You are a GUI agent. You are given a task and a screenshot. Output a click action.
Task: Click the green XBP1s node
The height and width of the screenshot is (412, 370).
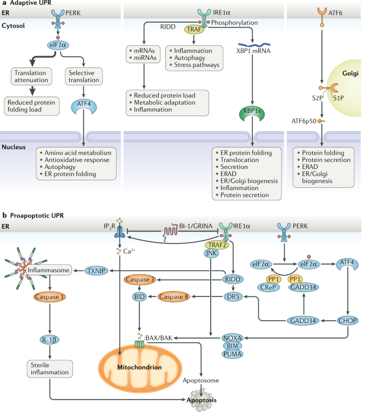pyautogui.click(x=252, y=113)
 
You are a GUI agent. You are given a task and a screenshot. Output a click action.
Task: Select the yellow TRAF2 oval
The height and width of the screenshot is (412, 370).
pyautogui.click(x=217, y=245)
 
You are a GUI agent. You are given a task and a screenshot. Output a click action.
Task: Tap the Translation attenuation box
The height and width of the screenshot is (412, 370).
pyautogui.click(x=31, y=76)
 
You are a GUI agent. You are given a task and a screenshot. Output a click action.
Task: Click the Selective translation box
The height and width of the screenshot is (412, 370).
pyautogui.click(x=84, y=76)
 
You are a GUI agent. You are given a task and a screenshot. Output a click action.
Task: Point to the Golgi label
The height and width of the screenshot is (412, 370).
pyautogui.click(x=351, y=73)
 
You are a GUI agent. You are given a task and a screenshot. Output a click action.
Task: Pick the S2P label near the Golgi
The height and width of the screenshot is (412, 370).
pyautogui.click(x=317, y=98)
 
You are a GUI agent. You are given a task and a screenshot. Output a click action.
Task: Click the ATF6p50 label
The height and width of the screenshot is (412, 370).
pyautogui.click(x=304, y=121)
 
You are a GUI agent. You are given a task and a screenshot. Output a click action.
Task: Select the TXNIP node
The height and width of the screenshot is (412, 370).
pyautogui.click(x=97, y=271)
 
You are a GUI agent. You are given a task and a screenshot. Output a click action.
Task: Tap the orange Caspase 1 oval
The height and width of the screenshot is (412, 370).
pyautogui.click(x=49, y=297)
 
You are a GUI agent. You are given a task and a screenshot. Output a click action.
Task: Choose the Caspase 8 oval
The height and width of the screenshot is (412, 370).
pyautogui.click(x=174, y=296)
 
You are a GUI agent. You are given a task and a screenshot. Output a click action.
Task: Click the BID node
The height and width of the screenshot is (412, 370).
pyautogui.click(x=139, y=296)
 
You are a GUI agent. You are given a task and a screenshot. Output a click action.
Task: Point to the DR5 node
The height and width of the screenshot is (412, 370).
pyautogui.click(x=233, y=296)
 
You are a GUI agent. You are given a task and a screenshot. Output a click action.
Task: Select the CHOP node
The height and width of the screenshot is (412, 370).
pyautogui.click(x=347, y=321)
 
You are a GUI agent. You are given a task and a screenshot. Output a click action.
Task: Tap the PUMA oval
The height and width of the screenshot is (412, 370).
pyautogui.click(x=232, y=354)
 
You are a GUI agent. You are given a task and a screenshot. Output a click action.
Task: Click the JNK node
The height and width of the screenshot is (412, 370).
pyautogui.click(x=211, y=253)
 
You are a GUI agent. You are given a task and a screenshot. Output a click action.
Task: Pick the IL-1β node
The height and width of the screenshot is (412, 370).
pyautogui.click(x=49, y=340)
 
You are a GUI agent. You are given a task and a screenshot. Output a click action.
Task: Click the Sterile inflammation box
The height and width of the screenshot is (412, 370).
pyautogui.click(x=50, y=369)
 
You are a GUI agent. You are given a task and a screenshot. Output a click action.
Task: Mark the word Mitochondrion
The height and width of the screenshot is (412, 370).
pyautogui.click(x=139, y=367)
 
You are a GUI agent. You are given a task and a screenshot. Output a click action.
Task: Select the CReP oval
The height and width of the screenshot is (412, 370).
pyautogui.click(x=268, y=287)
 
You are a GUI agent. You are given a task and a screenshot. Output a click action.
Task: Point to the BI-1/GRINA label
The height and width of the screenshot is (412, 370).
pyautogui.click(x=196, y=226)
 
